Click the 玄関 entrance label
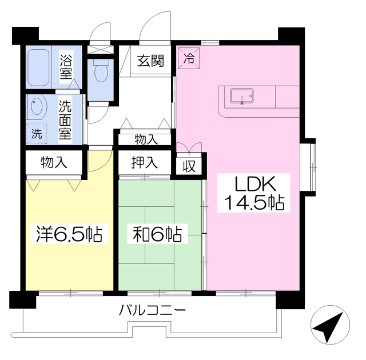151,60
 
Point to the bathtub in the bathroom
39,66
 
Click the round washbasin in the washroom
38,108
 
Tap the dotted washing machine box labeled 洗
36,135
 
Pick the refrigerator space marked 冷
188,57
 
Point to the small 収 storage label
188,166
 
